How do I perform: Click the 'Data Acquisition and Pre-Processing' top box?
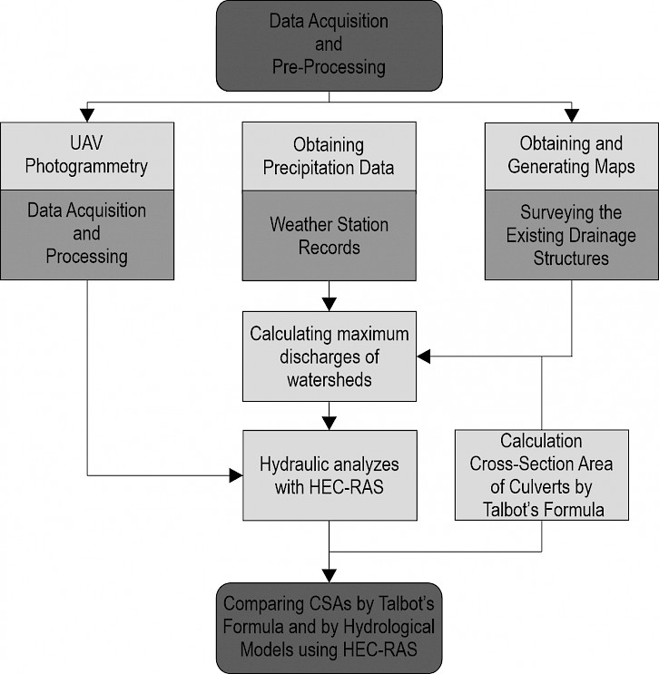[329, 45]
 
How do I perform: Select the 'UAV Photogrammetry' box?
[87, 156]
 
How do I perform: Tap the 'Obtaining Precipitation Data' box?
[329, 156]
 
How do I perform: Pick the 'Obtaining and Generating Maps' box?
[572, 156]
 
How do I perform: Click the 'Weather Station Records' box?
[329, 236]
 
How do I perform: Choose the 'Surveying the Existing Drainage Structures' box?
[572, 235]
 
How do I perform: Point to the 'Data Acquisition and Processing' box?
[87, 235]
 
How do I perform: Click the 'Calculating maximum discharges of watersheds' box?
[329, 357]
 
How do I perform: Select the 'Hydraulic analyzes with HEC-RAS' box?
[329, 475]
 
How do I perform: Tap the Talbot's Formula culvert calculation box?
[542, 475]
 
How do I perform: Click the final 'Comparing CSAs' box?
[329, 628]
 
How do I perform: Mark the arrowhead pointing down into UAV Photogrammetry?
[87, 115]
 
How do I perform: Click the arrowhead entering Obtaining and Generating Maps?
[572, 115]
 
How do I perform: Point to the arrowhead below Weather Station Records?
[329, 304]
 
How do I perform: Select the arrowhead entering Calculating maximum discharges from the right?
[424, 357]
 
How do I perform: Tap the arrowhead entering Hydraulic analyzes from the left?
[236, 475]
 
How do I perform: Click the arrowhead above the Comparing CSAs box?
[329, 576]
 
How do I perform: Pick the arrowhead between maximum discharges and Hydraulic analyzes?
[329, 424]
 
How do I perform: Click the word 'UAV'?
[86, 143]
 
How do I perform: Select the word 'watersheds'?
[329, 380]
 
